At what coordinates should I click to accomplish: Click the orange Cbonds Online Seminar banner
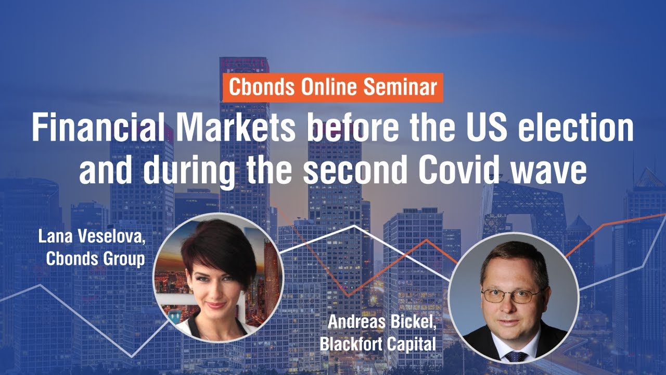point(333,87)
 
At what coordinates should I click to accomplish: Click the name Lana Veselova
point(92,238)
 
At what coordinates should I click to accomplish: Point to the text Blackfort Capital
point(378,344)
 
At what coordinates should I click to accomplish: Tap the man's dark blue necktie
point(515,357)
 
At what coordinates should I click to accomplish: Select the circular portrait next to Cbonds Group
point(218,278)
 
